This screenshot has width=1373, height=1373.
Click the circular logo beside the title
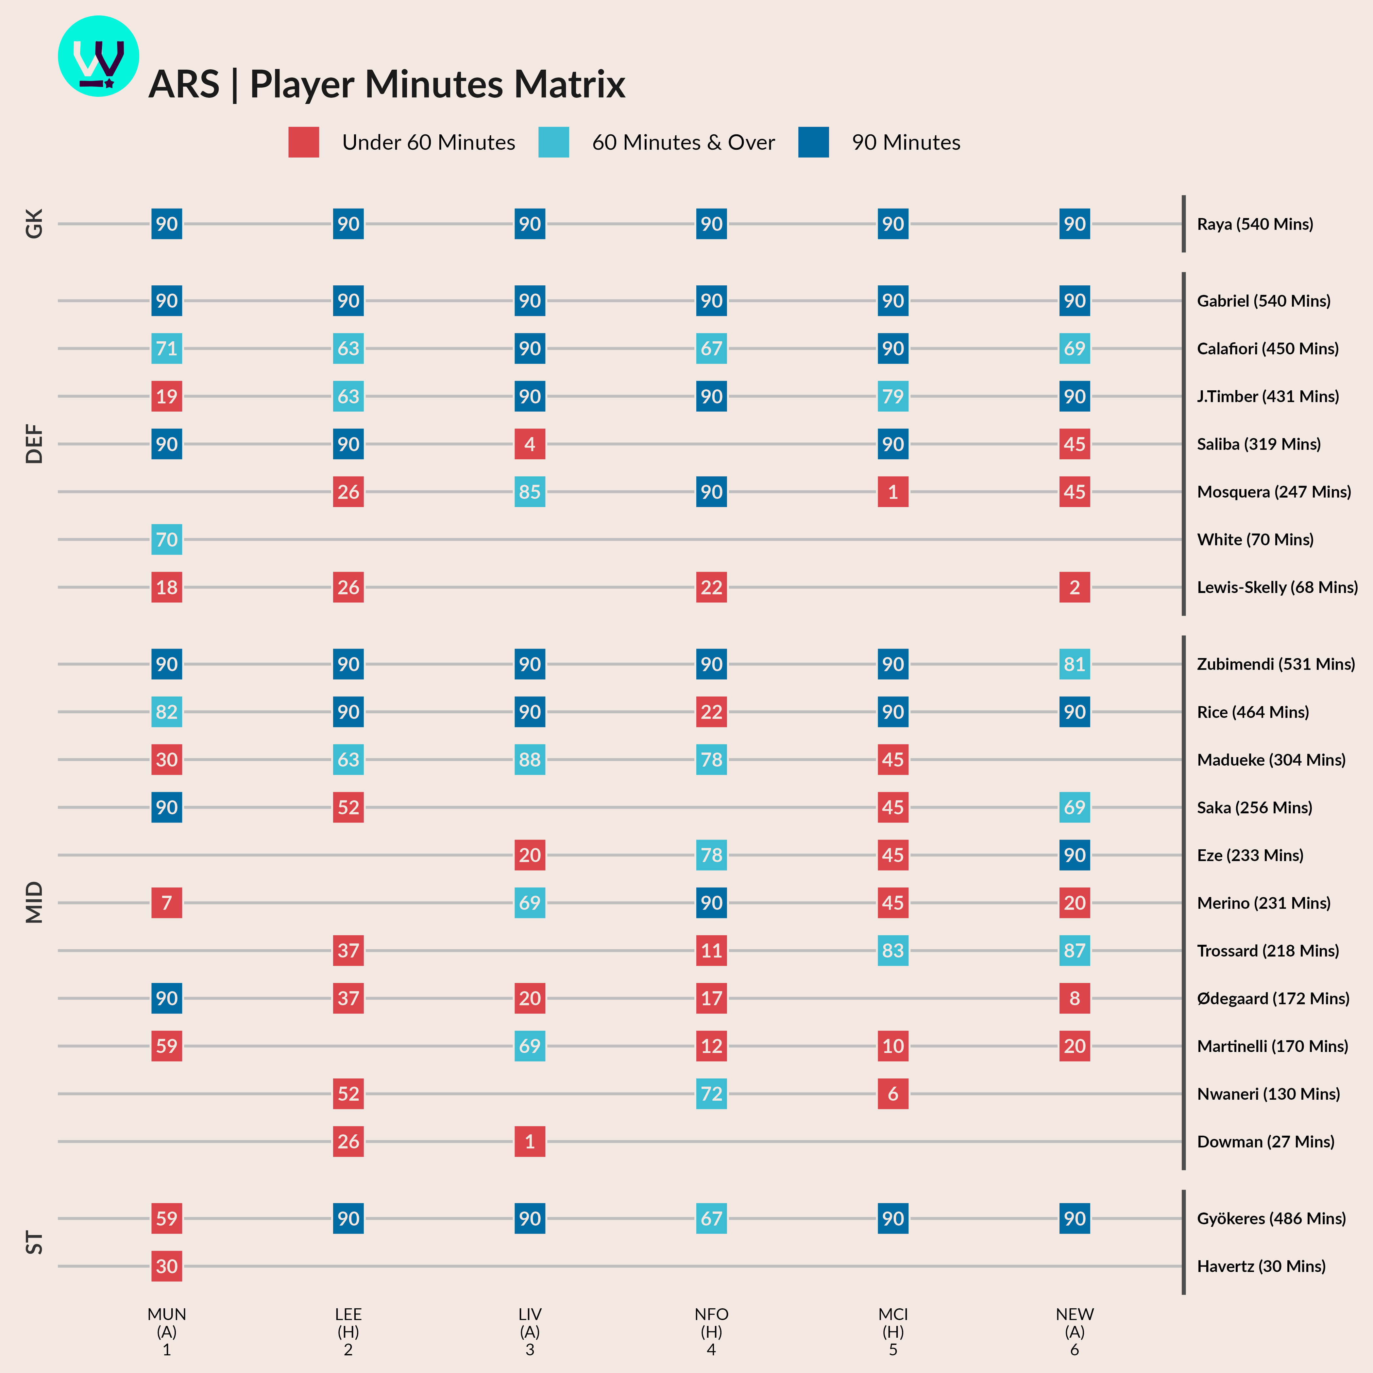[98, 56]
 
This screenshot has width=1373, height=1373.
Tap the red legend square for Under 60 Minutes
[303, 142]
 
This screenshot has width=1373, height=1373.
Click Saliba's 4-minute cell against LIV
[530, 444]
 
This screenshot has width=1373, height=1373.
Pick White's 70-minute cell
[166, 539]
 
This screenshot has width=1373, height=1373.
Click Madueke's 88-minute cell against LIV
[530, 760]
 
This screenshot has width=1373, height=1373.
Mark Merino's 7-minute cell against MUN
[166, 903]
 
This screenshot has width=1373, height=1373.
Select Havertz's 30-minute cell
[166, 1266]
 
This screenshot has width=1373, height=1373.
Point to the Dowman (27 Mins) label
[1265, 1141]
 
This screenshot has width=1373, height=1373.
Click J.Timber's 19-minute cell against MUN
[166, 397]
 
